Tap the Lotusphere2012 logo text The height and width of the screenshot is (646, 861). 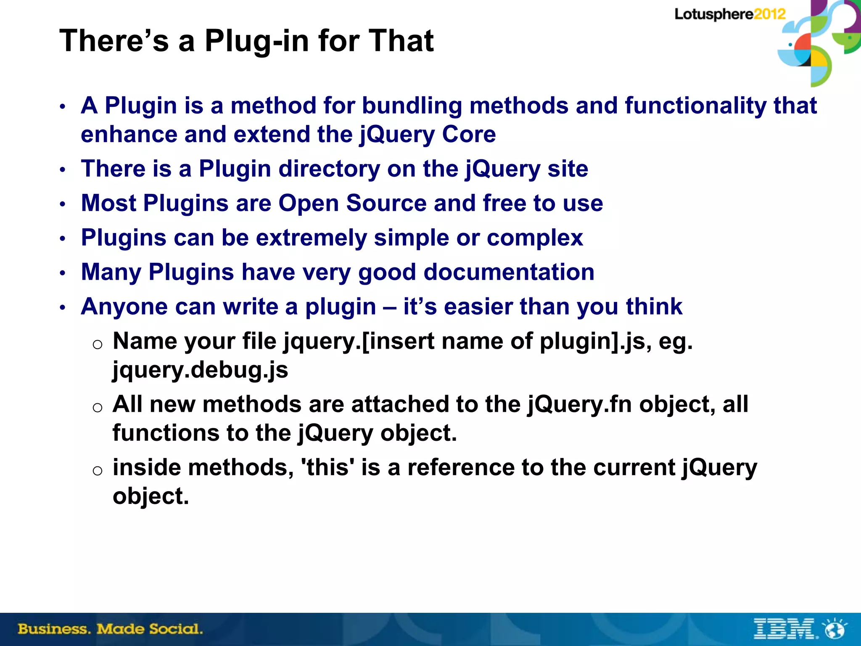(730, 14)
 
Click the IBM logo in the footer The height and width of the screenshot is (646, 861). (784, 629)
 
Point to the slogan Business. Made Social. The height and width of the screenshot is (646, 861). (110, 629)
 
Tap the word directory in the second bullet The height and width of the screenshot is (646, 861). (329, 169)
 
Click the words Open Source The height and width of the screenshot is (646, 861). (352, 204)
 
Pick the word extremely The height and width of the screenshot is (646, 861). (312, 238)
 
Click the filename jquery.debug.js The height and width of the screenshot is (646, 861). (200, 370)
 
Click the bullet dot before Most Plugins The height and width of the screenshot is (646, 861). (63, 204)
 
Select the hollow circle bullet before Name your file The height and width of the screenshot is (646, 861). (98, 344)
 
